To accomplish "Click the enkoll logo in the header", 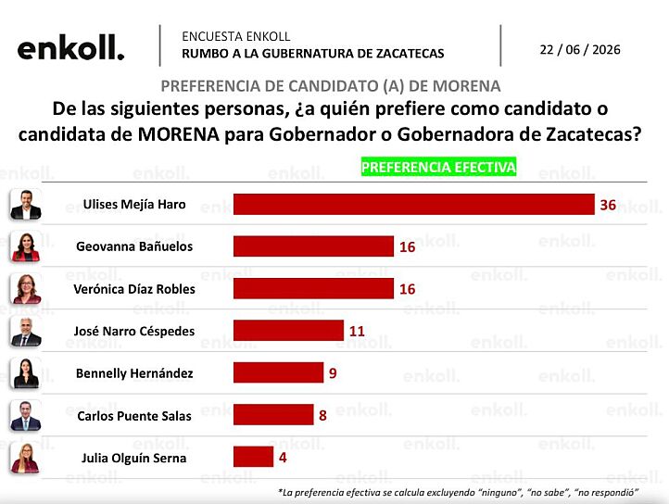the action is pyautogui.click(x=70, y=47).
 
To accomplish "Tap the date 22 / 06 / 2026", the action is pyautogui.click(x=580, y=50).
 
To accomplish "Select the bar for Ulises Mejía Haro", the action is pyautogui.click(x=414, y=204).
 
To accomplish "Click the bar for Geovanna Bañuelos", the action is pyautogui.click(x=313, y=246).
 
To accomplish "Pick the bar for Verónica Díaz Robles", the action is pyautogui.click(x=313, y=288).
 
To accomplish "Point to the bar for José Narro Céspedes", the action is pyautogui.click(x=288, y=331).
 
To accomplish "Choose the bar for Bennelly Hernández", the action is pyautogui.click(x=278, y=372).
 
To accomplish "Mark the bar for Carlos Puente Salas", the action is pyautogui.click(x=273, y=415).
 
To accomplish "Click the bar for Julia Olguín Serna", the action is pyautogui.click(x=254, y=457).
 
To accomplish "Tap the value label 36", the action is pyautogui.click(x=608, y=205).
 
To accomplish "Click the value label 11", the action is pyautogui.click(x=357, y=331).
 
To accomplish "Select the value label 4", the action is pyautogui.click(x=283, y=458).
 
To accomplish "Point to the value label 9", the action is pyautogui.click(x=333, y=373).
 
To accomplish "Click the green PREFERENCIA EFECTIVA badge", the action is pyautogui.click(x=438, y=167).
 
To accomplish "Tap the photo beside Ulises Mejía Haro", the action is pyautogui.click(x=26, y=205).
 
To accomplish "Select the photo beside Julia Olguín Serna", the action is pyautogui.click(x=25, y=458).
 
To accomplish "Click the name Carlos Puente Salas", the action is pyautogui.click(x=134, y=416).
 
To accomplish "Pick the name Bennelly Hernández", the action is pyautogui.click(x=134, y=373).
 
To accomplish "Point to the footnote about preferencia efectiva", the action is pyautogui.click(x=459, y=493).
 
